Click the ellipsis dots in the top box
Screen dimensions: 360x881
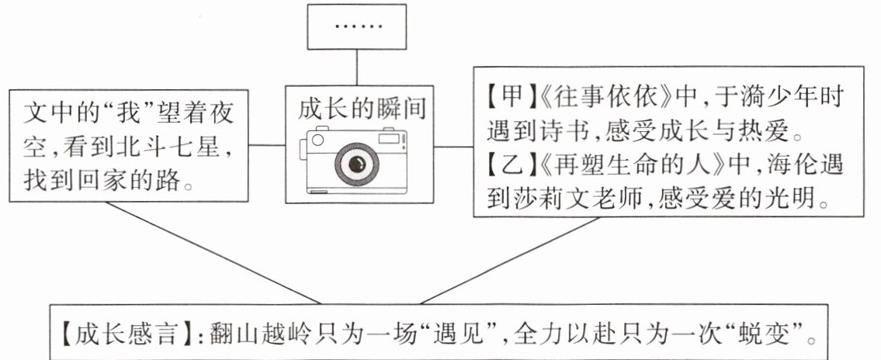358,26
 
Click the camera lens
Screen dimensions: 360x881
357,163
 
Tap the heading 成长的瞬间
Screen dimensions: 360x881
357,108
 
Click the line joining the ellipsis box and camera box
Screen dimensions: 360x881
358,67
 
